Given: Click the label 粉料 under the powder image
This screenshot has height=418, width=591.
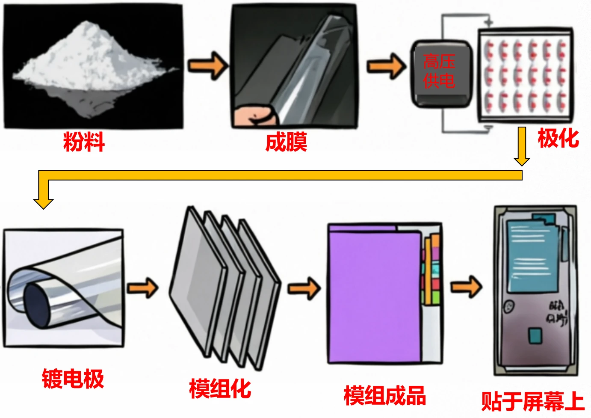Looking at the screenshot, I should pyautogui.click(x=84, y=142).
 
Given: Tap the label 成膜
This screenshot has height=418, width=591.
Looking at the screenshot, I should pyautogui.click(x=286, y=142).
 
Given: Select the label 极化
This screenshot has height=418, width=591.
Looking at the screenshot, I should pyautogui.click(x=558, y=138).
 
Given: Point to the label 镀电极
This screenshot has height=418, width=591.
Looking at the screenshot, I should pyautogui.click(x=73, y=379).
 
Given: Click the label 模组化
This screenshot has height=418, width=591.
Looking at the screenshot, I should pyautogui.click(x=220, y=388).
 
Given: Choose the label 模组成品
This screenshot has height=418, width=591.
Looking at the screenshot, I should pyautogui.click(x=384, y=395).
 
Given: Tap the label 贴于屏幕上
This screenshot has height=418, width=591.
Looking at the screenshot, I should pyautogui.click(x=532, y=401).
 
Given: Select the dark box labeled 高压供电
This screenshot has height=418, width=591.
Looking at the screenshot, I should pyautogui.click(x=440, y=73).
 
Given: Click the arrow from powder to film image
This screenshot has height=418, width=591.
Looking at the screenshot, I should pyautogui.click(x=207, y=65).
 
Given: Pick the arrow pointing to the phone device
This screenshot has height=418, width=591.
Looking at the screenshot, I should pyautogui.click(x=467, y=286).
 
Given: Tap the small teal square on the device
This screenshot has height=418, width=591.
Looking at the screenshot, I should pyautogui.click(x=535, y=336).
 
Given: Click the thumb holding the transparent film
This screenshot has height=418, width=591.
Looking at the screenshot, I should pyautogui.click(x=254, y=116).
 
